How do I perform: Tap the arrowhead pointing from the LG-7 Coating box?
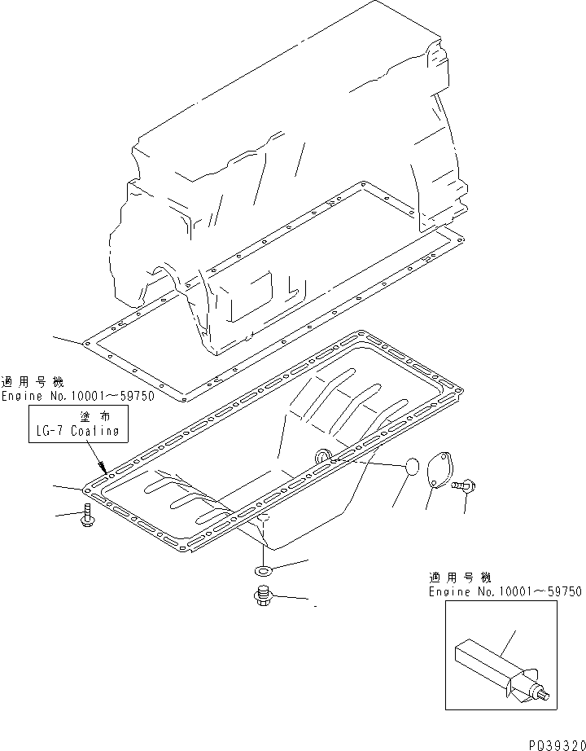pyautogui.click(x=103, y=468)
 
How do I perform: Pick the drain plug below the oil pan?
pyautogui.click(x=262, y=596)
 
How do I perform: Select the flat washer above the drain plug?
pyautogui.click(x=262, y=568)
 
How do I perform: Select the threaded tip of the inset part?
pyautogui.click(x=544, y=694)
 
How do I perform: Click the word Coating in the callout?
pyautogui.click(x=99, y=433)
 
